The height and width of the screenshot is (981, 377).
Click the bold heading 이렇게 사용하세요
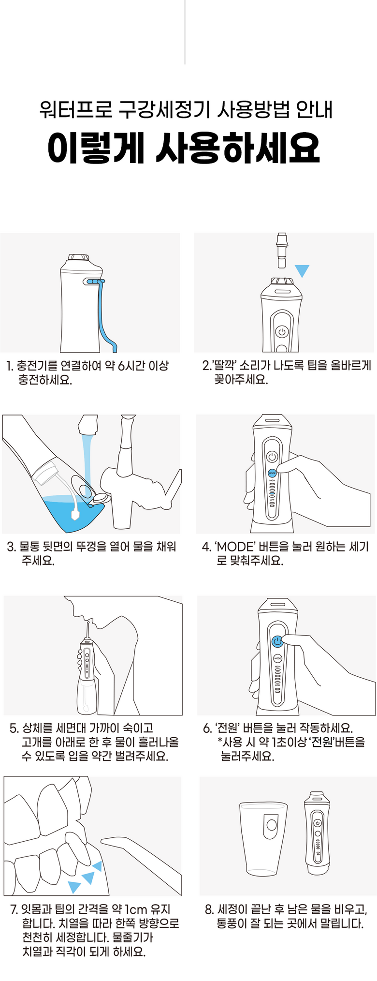tap(184, 147)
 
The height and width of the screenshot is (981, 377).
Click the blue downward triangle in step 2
tap(302, 270)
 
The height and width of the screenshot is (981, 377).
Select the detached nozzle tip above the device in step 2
tap(281, 250)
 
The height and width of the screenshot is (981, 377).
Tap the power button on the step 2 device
tap(282, 332)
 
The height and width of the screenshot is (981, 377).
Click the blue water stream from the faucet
tap(87, 464)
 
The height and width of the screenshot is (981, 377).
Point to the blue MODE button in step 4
tap(272, 472)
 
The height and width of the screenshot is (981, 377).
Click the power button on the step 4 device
tap(272, 456)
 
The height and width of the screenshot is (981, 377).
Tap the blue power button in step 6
tap(277, 641)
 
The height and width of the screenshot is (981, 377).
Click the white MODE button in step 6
tap(277, 658)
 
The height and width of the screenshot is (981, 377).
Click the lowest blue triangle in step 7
tap(74, 886)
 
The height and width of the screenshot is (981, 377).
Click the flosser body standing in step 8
tap(318, 832)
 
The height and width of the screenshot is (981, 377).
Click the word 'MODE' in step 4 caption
tap(234, 547)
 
